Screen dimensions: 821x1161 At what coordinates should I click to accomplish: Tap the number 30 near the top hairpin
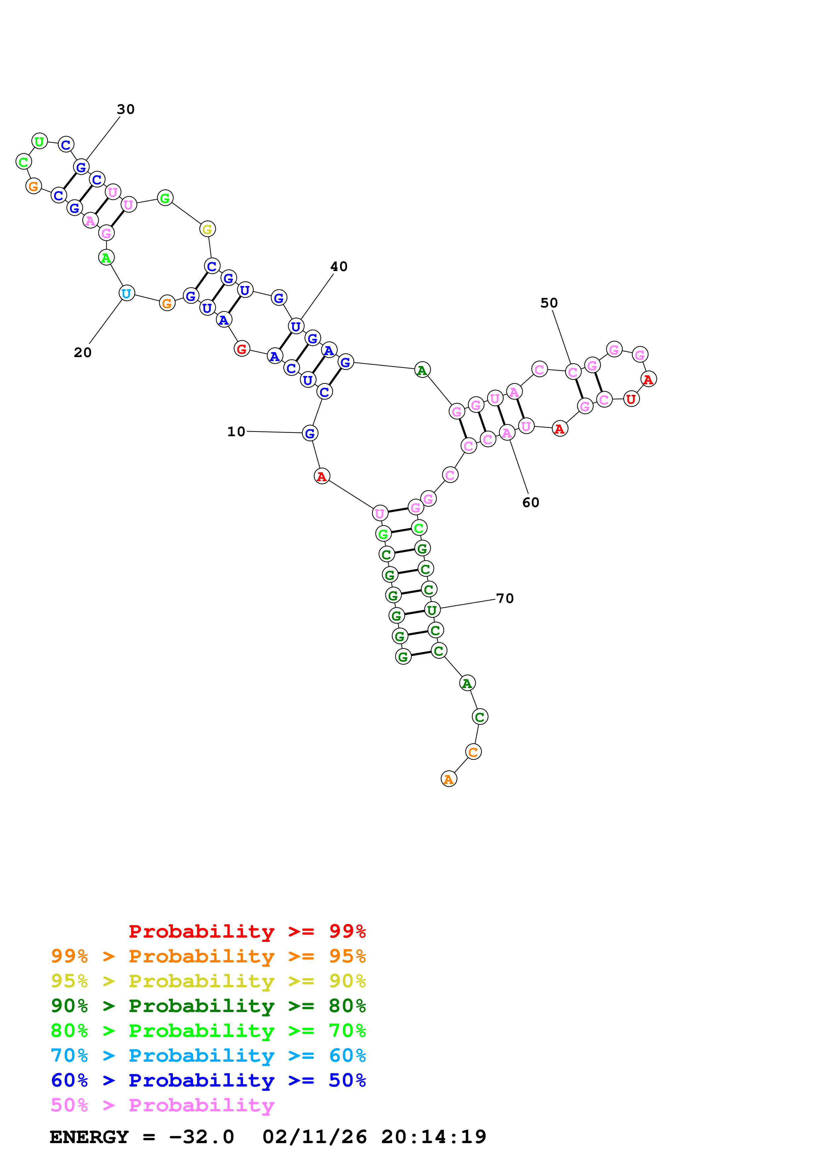point(126,109)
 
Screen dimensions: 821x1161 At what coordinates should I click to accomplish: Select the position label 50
point(549,303)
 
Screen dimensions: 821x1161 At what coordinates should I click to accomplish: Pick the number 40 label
point(339,266)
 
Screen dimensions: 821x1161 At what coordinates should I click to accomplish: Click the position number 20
point(83,352)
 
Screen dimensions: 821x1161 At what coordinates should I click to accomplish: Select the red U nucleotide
point(631,399)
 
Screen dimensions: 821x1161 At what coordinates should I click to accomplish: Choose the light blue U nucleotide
point(127,293)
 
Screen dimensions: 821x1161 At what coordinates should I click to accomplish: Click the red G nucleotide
point(242,348)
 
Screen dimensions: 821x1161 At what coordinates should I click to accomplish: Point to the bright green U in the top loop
point(39,141)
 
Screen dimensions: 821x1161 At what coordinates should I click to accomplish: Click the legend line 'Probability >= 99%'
point(247,931)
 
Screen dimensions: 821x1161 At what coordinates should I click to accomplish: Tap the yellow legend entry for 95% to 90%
point(208,981)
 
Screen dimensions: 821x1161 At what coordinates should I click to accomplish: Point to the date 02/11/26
point(314,1137)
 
